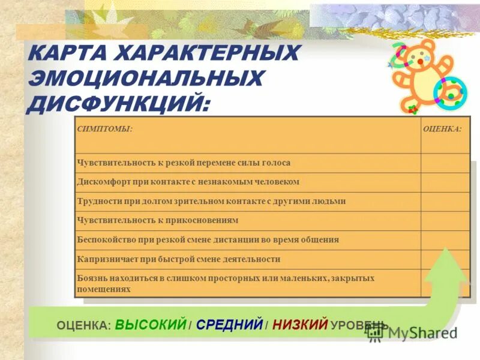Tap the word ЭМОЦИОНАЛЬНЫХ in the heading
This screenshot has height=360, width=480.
pyautogui.click(x=145, y=79)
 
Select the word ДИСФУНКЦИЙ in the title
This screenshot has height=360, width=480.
pyautogui.click(x=118, y=103)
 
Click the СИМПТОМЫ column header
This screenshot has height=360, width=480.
pyautogui.click(x=105, y=128)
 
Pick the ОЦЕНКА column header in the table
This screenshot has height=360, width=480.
pyautogui.click(x=442, y=128)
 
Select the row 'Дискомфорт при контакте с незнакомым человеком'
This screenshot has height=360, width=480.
pyautogui.click(x=188, y=182)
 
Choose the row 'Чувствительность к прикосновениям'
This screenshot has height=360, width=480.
pyautogui.click(x=158, y=220)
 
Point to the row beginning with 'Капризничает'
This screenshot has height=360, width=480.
pyautogui.click(x=179, y=259)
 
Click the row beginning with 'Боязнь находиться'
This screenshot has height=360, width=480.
pyautogui.click(x=226, y=283)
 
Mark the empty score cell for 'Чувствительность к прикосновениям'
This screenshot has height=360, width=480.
pyautogui.click(x=445, y=221)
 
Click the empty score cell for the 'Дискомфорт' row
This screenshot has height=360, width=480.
pyautogui.click(x=445, y=182)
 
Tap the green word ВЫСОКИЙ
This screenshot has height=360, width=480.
pyautogui.click(x=151, y=325)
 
